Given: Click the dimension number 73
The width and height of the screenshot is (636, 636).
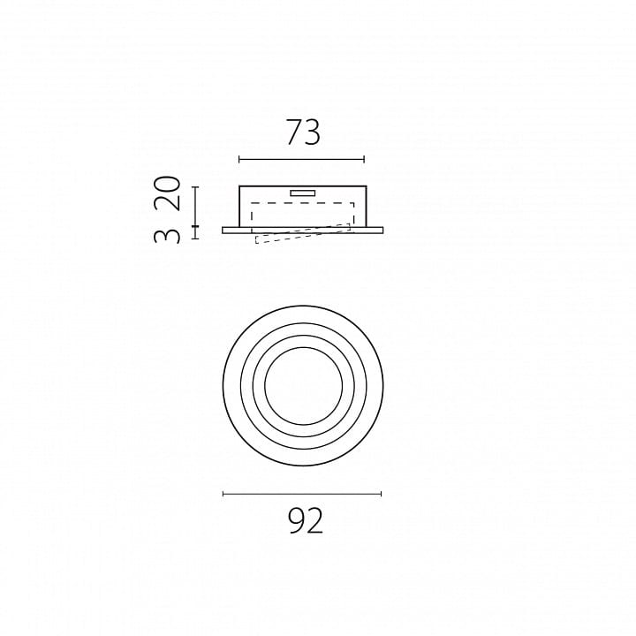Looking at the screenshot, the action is click(x=303, y=132).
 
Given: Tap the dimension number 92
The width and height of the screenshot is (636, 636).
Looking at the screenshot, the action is click(x=306, y=521).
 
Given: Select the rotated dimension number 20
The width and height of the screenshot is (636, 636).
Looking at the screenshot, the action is click(x=167, y=193).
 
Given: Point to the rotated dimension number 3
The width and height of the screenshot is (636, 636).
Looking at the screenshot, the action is click(x=167, y=236).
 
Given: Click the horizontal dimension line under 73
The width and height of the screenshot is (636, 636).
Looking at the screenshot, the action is click(x=302, y=159).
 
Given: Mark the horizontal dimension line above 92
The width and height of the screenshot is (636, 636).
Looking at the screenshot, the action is click(x=302, y=494).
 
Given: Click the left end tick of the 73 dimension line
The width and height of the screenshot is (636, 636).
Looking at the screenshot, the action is click(x=239, y=159).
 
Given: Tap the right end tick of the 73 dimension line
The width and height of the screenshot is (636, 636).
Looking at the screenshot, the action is click(x=364, y=159).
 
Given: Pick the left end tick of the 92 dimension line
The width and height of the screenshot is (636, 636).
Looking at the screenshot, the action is click(x=223, y=494).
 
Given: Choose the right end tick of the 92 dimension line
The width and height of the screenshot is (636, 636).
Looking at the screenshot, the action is click(x=382, y=494).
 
